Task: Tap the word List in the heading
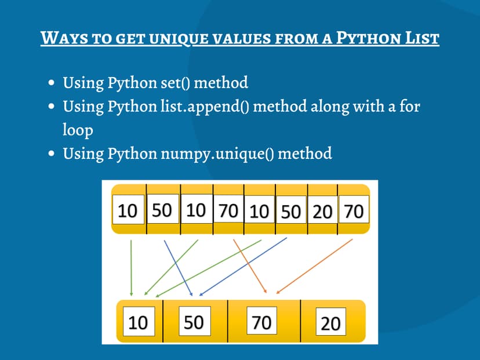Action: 420,39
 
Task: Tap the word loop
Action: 78,130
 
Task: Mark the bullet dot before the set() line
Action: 52,83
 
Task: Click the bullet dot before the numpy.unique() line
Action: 52,154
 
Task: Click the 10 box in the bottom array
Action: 138,322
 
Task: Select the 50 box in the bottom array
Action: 194,321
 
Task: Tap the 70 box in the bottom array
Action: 261,322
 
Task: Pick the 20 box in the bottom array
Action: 330,322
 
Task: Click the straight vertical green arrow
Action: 131,267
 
